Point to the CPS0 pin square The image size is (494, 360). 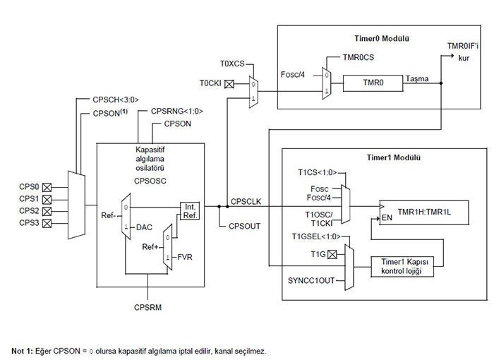point(48,188)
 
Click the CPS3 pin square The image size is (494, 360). point(48,223)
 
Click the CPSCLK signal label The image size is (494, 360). point(246,202)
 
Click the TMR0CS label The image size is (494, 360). point(358,55)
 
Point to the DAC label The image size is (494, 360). point(144,227)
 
